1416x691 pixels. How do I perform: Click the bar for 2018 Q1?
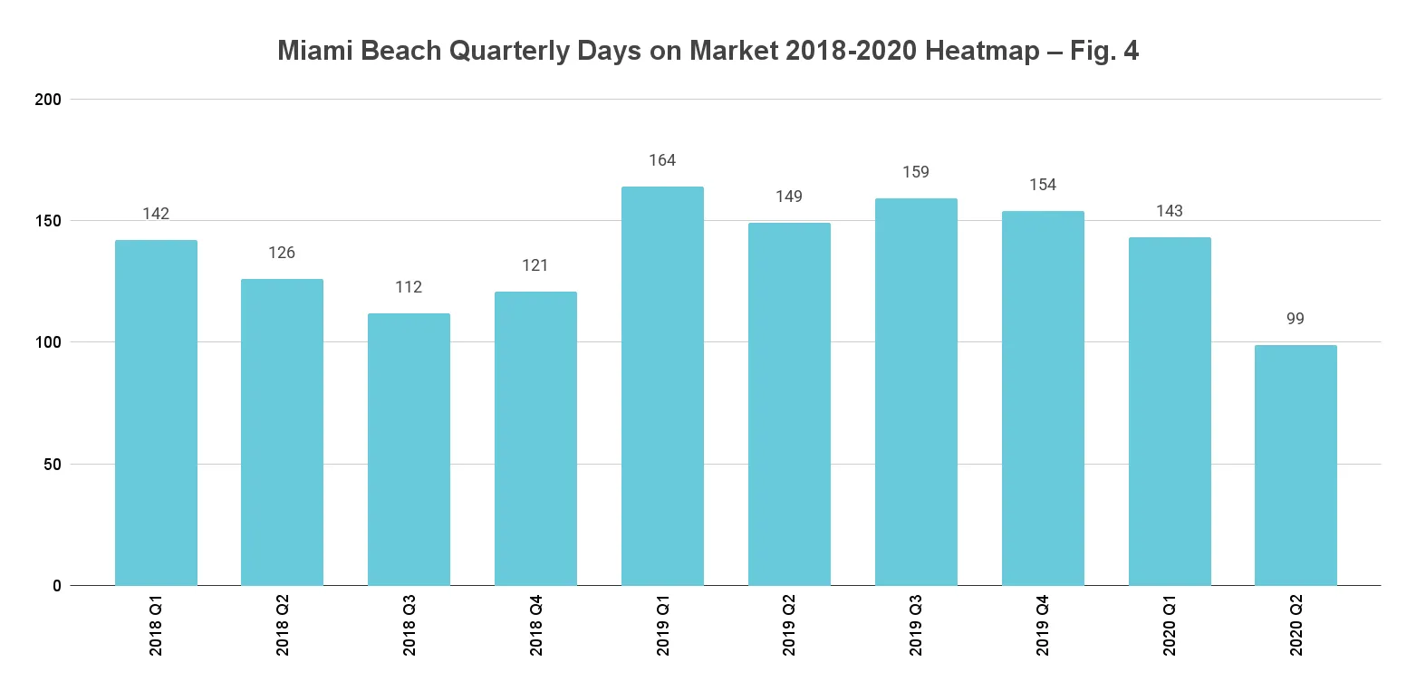tap(156, 412)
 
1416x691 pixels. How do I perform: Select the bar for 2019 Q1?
tap(662, 386)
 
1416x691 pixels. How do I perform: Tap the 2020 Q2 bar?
tap(1296, 465)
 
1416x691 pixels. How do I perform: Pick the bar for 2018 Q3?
tap(409, 449)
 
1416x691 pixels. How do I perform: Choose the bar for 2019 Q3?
tap(916, 391)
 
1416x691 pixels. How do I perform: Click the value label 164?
tap(662, 160)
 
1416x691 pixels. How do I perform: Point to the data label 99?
tap(1296, 319)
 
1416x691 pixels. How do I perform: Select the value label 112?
tap(409, 287)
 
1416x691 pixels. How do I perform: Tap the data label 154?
tap(1043, 185)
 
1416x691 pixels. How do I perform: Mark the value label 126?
tap(282, 253)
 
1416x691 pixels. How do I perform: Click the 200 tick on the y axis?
tap(49, 99)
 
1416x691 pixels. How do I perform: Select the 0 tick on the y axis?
tap(57, 586)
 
